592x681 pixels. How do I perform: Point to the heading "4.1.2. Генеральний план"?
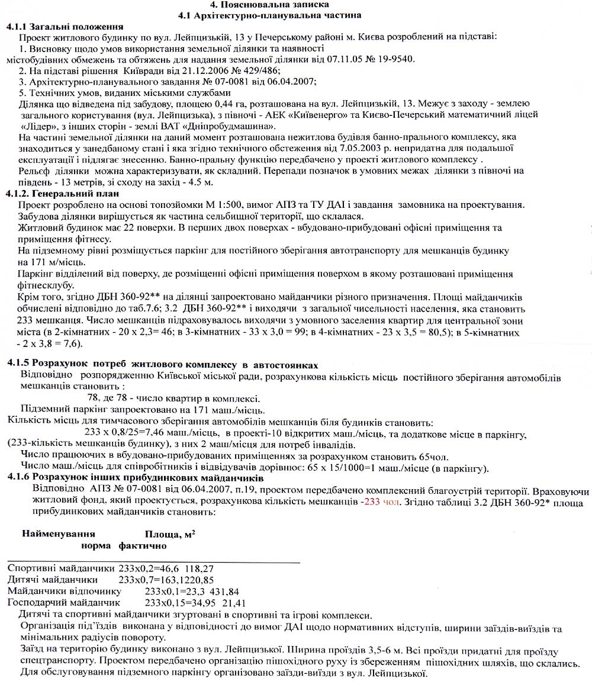[62, 194]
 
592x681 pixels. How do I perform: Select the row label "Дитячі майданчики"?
[53, 579]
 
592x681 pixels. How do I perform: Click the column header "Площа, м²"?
[170, 534]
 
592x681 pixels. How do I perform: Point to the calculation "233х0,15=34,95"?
[180, 602]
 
